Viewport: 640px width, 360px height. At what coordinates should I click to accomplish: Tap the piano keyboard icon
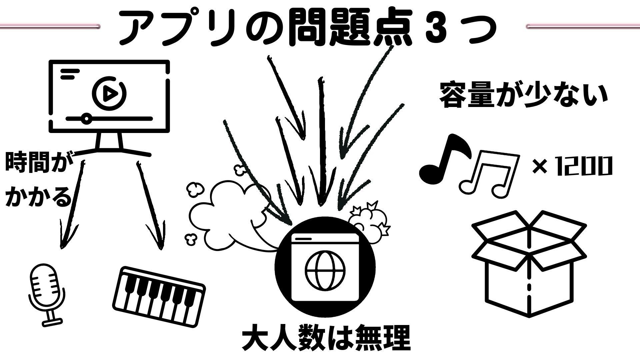click(x=159, y=296)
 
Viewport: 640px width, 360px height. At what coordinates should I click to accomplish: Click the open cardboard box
click(x=529, y=263)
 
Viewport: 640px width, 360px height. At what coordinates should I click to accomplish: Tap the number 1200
click(x=583, y=166)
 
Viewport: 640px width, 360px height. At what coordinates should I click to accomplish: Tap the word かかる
click(x=39, y=197)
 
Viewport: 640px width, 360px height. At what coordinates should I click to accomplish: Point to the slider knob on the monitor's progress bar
click(x=87, y=119)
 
